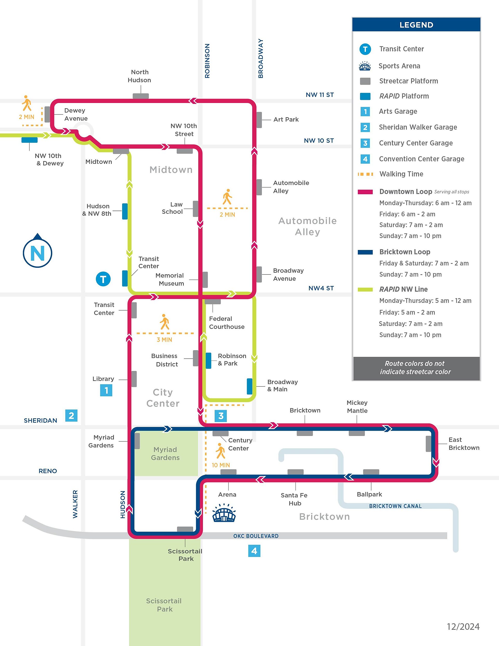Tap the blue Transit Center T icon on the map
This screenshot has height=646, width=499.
(103, 279)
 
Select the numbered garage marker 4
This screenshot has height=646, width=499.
(254, 551)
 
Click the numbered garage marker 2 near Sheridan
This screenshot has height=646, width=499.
(71, 416)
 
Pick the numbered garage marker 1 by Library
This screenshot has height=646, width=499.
(106, 390)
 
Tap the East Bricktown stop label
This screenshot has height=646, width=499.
(463, 444)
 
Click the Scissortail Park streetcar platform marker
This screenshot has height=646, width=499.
(185, 529)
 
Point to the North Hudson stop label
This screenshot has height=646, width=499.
(139, 76)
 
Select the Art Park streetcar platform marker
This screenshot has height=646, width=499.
(259, 120)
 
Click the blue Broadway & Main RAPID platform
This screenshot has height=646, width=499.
(250, 386)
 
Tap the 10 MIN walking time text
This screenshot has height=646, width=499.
(221, 465)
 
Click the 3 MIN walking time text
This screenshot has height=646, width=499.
(165, 340)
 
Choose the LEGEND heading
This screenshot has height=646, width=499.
(416, 25)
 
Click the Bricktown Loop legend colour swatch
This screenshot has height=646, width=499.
(365, 252)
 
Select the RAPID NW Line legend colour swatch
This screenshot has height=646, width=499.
(365, 289)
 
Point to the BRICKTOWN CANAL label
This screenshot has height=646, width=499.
(395, 506)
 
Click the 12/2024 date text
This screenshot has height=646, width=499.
(463, 627)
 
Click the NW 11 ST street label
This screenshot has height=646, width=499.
(319, 95)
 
